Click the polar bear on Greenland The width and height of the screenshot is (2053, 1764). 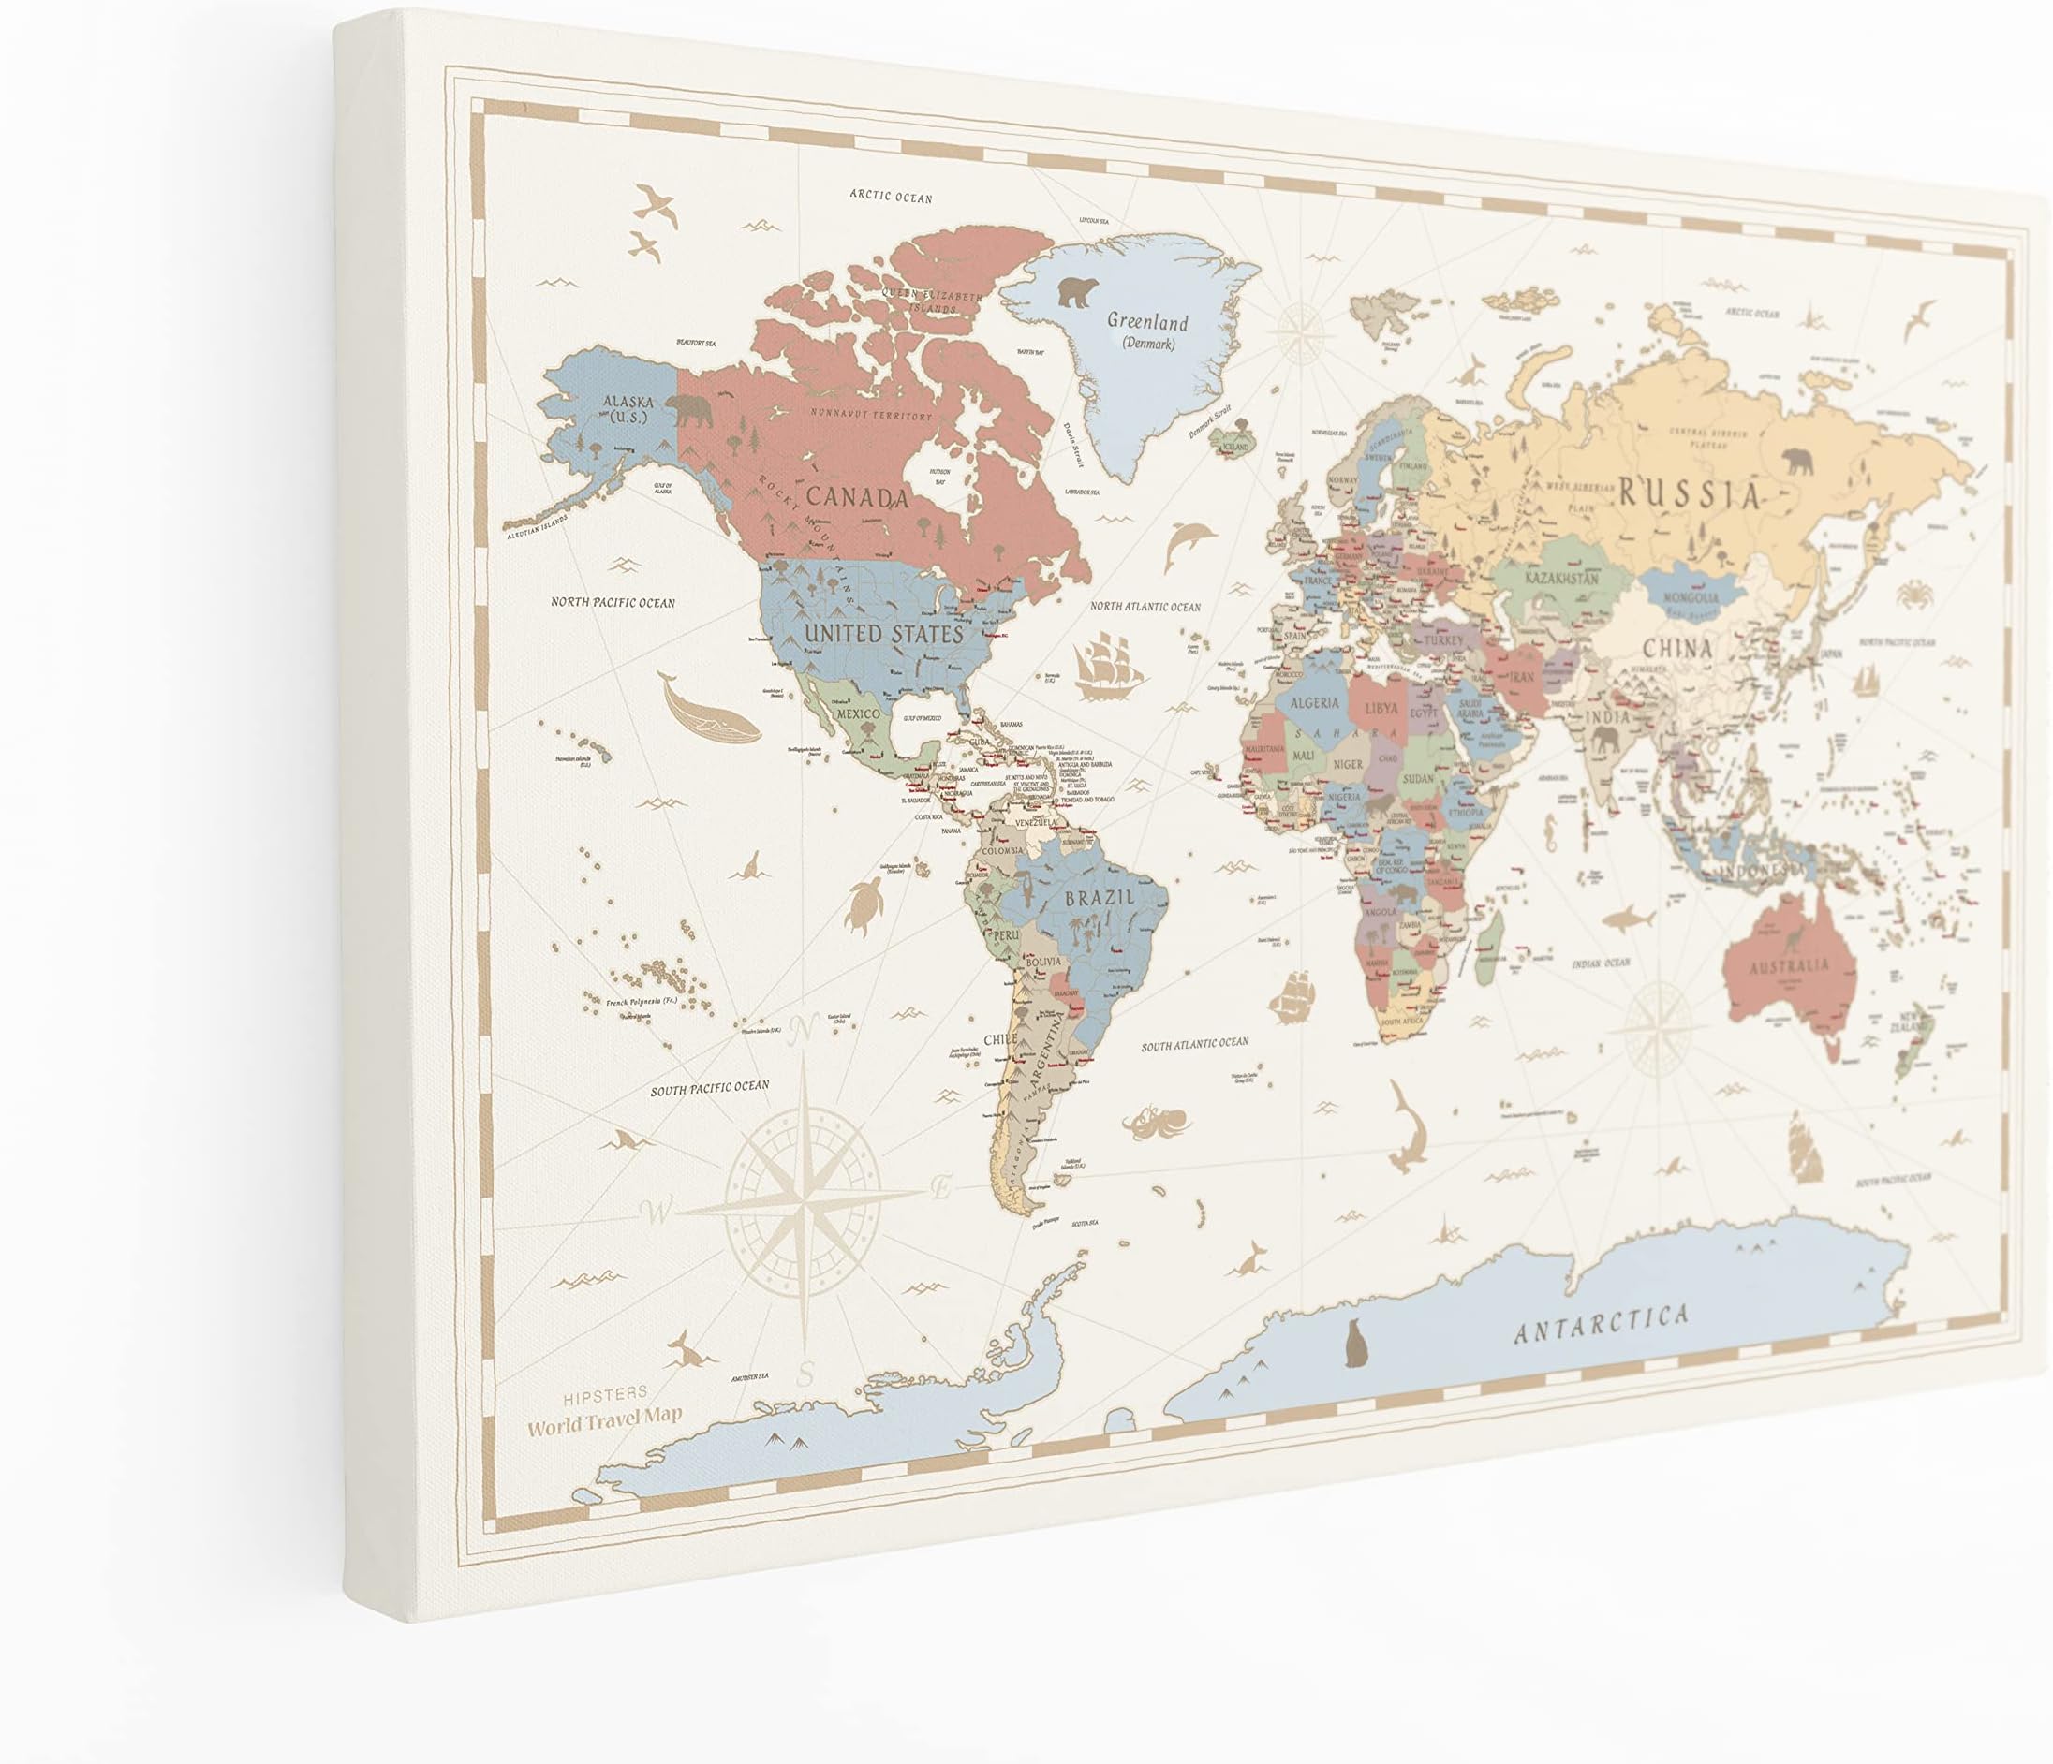point(1079,291)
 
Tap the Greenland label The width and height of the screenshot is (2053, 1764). point(1146,323)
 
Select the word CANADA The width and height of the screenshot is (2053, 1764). point(856,497)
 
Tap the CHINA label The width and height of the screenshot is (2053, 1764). point(1676,650)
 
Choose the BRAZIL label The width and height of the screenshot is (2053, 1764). point(1098,900)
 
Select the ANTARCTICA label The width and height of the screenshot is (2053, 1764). point(1602,1323)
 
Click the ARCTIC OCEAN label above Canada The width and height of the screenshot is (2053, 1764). point(891,196)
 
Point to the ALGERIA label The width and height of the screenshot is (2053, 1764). point(1314,703)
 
